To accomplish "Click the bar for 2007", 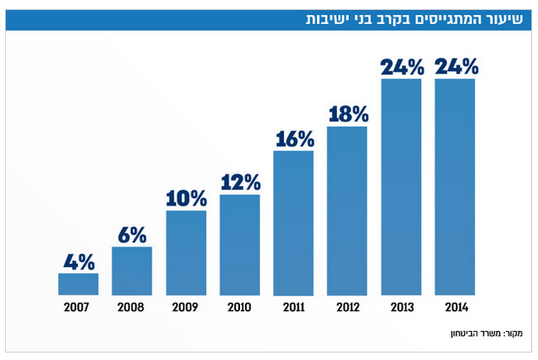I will click(78, 284).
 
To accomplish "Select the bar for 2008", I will click(132, 270).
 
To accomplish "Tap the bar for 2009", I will click(186, 252).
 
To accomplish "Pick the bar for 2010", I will click(240, 245).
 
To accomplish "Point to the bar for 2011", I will click(293, 222).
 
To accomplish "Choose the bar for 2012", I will click(347, 211).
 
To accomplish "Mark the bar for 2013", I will click(401, 187).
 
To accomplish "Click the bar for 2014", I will click(455, 187).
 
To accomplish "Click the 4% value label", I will click(79, 261).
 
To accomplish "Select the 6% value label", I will click(132, 235).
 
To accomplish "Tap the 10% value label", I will click(186, 199).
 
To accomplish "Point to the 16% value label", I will click(294, 139).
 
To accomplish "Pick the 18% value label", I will click(348, 114).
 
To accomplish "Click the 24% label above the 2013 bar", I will click(402, 67).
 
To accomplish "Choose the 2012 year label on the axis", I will click(347, 307).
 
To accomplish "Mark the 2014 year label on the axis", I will click(455, 307).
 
